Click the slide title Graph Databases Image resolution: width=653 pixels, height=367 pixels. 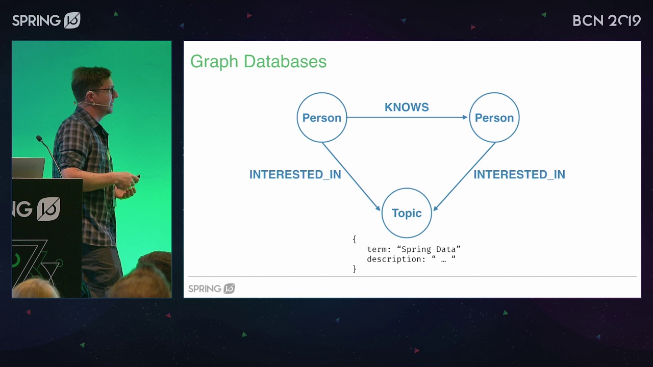click(258, 62)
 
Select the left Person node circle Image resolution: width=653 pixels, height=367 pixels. click(321, 118)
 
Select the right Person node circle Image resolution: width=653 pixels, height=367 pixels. click(494, 118)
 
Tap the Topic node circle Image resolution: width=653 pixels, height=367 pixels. click(407, 213)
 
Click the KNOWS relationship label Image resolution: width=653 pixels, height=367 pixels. click(407, 107)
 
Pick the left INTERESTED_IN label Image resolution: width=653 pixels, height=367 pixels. click(295, 174)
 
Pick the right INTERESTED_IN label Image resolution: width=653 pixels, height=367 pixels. click(519, 174)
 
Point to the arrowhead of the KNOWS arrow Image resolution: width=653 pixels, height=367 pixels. click(465, 117)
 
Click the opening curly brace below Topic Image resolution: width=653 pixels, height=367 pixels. click(354, 239)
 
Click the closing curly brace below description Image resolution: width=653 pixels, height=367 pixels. click(354, 269)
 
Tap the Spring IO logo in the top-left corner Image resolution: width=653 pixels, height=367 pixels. click(46, 20)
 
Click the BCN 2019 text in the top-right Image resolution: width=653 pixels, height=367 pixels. click(606, 20)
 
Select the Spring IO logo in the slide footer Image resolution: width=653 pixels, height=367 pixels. click(211, 289)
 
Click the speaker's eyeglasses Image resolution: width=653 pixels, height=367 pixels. click(104, 91)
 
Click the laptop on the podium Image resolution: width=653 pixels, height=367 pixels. click(28, 168)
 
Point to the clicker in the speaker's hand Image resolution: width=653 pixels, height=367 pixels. click(137, 177)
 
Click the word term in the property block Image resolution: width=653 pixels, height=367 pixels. click(377, 249)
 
